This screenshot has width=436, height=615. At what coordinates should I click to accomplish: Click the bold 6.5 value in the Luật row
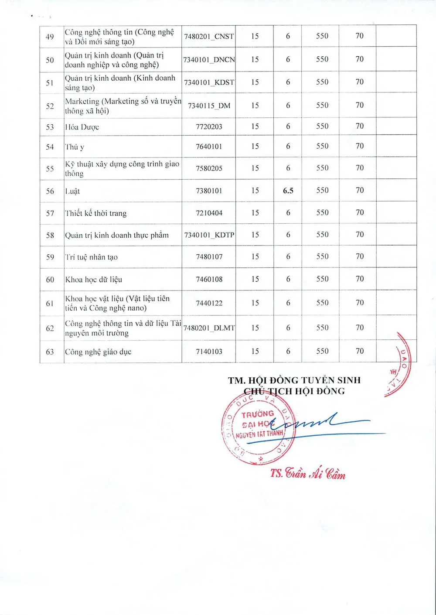point(288,191)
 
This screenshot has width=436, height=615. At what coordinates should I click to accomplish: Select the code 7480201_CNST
point(209,36)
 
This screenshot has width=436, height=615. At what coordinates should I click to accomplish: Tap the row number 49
point(50,37)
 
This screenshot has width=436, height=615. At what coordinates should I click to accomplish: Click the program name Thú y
point(75,147)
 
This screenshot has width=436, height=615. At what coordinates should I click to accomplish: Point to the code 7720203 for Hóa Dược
point(209,127)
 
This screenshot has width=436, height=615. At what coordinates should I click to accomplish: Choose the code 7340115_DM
point(209,106)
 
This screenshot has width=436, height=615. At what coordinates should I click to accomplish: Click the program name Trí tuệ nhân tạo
point(92,257)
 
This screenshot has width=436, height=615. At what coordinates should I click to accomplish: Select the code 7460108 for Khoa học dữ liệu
point(209,279)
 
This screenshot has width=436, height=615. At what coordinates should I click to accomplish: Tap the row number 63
point(50,352)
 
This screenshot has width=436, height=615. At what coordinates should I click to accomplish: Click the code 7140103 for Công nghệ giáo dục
point(209,352)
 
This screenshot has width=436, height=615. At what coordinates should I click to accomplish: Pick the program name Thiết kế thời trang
point(96,213)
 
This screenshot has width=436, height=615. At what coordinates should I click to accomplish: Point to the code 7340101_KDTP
point(209,235)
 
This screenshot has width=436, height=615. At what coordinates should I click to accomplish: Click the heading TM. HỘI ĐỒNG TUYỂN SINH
point(294,380)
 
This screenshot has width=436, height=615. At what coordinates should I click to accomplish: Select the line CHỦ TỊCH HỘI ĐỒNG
point(294,391)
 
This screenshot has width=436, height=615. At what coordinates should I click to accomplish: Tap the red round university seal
point(258,427)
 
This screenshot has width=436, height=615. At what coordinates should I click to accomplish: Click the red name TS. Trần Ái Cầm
point(308,473)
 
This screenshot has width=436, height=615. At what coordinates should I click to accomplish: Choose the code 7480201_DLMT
point(209,328)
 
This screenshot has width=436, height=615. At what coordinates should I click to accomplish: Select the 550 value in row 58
point(322,235)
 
